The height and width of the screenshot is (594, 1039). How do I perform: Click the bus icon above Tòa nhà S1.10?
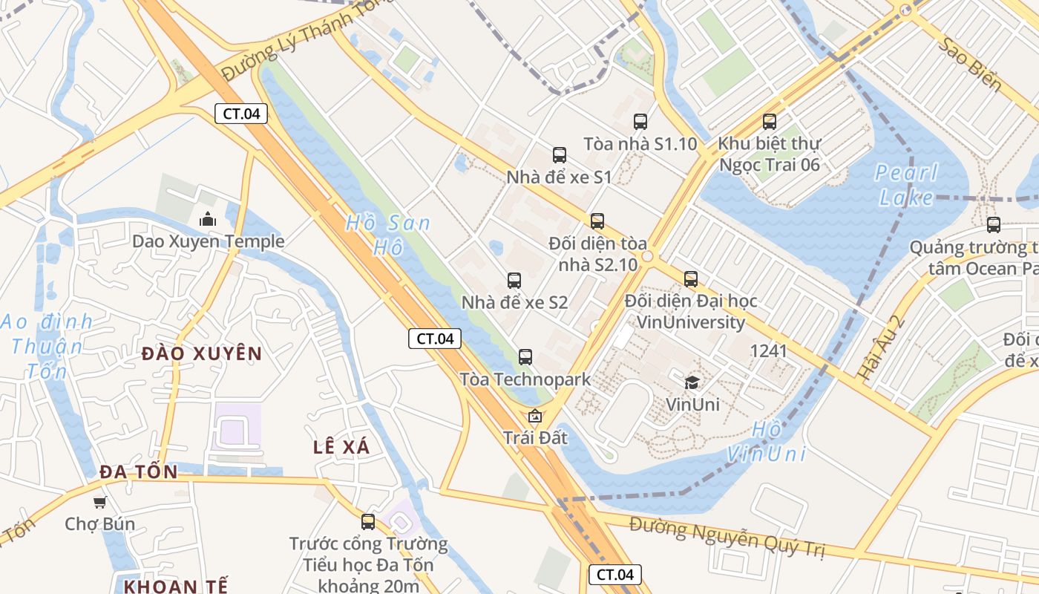(x=640, y=122)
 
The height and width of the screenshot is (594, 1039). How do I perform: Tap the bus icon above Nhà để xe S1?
(x=560, y=155)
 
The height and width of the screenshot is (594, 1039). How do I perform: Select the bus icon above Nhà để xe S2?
(x=514, y=281)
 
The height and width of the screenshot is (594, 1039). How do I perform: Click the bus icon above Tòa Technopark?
(x=525, y=357)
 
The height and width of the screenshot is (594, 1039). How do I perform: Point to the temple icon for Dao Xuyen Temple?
(x=207, y=219)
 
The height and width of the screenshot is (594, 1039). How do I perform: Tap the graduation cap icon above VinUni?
(x=692, y=382)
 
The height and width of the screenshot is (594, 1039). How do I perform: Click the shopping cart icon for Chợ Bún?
(x=99, y=502)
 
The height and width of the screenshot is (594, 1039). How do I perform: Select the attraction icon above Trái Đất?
(x=534, y=416)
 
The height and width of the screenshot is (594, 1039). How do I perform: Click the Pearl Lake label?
(x=906, y=185)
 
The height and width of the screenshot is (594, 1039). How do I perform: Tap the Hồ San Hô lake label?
(x=387, y=235)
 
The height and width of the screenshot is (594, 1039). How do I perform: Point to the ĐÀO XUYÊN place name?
(x=202, y=353)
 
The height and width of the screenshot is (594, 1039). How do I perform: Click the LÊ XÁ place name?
(x=341, y=447)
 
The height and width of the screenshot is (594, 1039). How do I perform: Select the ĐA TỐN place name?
(x=139, y=472)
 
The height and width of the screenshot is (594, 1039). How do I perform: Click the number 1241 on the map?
(x=769, y=350)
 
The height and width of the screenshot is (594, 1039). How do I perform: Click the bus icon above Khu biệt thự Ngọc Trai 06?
(x=770, y=122)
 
